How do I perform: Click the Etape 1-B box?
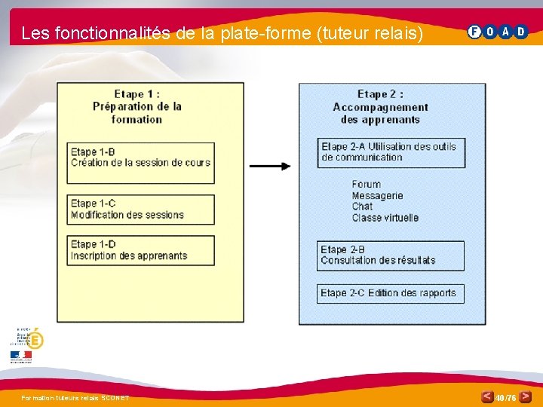(140, 163)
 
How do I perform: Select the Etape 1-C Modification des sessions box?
(140, 210)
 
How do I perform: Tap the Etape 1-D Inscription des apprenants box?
(140, 250)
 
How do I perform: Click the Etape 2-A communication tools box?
(391, 152)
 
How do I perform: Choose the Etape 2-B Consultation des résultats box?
(390, 256)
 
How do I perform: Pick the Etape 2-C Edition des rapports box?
(390, 293)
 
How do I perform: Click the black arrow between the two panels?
(270, 166)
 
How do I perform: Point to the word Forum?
(367, 185)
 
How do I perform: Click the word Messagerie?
(377, 196)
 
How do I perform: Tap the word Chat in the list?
(362, 207)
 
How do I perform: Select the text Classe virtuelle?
(385, 218)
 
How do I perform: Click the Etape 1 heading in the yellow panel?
(137, 106)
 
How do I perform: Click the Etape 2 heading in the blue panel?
(380, 106)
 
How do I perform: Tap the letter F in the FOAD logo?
(474, 32)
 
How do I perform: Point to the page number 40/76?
(505, 397)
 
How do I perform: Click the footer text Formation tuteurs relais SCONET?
(75, 398)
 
